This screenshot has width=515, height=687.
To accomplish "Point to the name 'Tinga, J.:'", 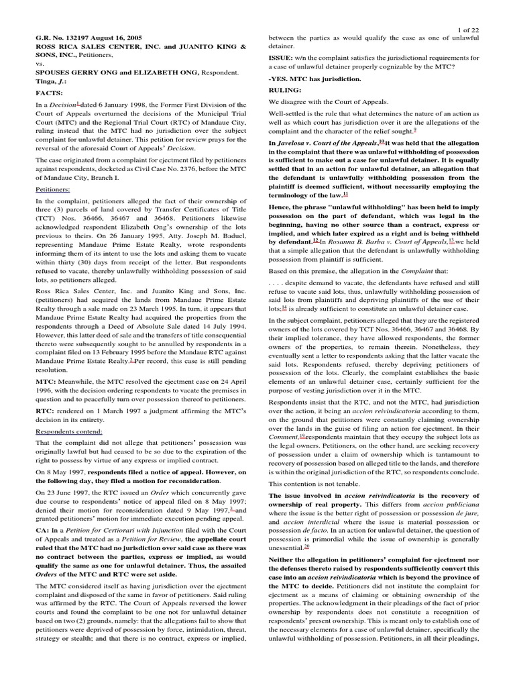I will (54, 81).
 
